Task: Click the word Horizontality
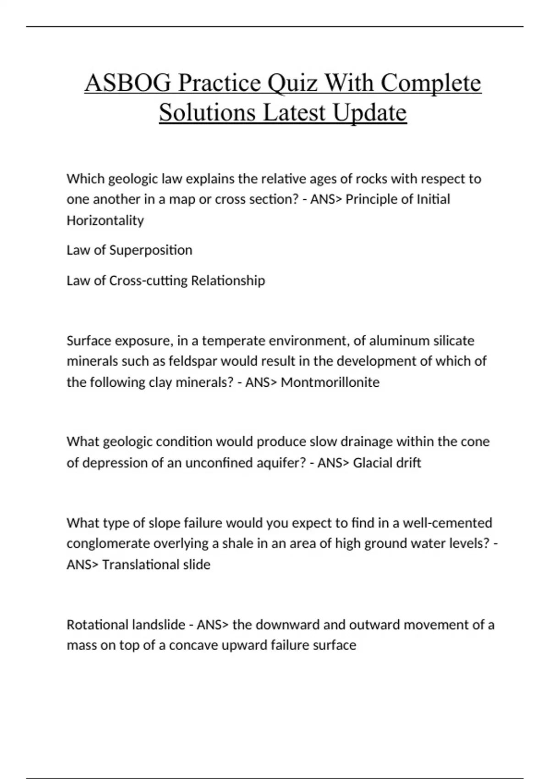click(x=105, y=220)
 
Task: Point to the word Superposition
click(x=150, y=250)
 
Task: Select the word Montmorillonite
click(x=330, y=382)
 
